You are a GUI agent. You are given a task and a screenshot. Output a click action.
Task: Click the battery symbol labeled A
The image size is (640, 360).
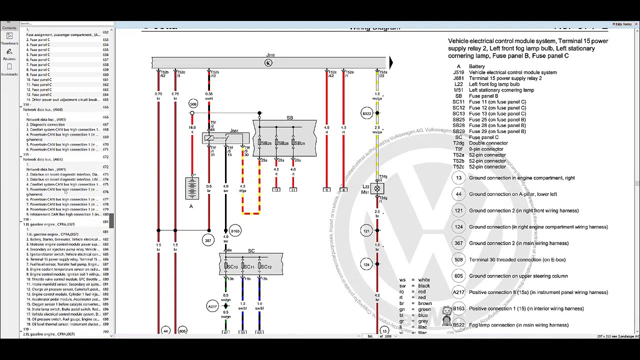[x=192, y=188]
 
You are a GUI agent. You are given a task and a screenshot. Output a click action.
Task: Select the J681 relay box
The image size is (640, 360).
[x=225, y=137]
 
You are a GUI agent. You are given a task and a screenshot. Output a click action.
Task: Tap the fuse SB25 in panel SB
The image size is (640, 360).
[x=260, y=143]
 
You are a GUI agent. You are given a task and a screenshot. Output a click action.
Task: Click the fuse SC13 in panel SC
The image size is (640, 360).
[x=226, y=266]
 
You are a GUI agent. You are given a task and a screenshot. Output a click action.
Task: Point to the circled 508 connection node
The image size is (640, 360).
[x=193, y=103]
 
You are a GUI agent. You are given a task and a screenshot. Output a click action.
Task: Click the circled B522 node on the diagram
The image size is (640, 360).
[x=367, y=113]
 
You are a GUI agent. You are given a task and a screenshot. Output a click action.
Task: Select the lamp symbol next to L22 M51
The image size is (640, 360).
[x=377, y=188]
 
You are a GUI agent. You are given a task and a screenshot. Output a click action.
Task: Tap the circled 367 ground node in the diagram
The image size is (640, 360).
[x=208, y=240]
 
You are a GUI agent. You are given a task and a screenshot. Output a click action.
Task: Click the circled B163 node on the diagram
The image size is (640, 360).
[x=235, y=231]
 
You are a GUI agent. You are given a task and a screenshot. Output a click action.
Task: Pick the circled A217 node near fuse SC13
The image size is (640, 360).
[x=213, y=306]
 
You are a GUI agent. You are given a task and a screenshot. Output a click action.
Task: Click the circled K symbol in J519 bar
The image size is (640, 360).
[x=268, y=63]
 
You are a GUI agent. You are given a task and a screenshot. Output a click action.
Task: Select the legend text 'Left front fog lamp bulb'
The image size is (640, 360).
[x=494, y=84]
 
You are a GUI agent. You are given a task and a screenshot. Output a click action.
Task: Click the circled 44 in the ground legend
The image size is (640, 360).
[x=458, y=194]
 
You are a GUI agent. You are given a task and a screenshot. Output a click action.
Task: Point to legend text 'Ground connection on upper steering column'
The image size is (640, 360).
[x=518, y=276]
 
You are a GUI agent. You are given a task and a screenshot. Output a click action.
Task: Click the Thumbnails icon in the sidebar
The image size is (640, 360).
[x=9, y=37]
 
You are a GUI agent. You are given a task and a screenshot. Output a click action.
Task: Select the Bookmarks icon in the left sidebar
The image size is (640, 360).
[x=9, y=68]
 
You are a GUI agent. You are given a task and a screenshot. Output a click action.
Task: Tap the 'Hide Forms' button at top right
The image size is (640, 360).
[x=622, y=24]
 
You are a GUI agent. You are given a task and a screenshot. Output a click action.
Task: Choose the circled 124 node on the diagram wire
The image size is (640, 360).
[x=367, y=264]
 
